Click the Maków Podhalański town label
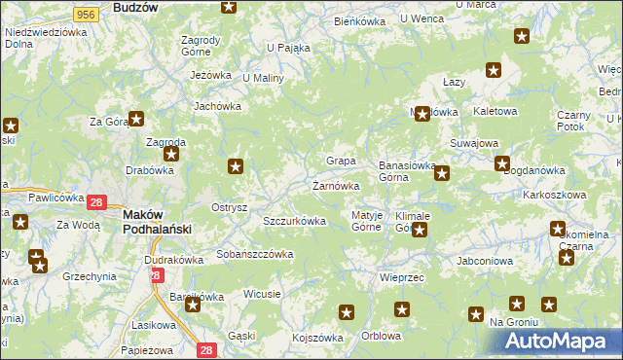click(156, 221)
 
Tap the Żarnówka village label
click(337, 185)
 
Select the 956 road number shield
click(85, 14)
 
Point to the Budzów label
click(135, 7)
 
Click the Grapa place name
click(340, 160)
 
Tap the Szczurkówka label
click(294, 221)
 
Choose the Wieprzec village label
click(397, 277)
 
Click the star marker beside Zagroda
click(172, 154)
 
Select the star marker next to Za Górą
click(136, 119)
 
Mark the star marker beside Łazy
click(494, 70)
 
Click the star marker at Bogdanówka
click(502, 163)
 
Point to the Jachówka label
click(217, 107)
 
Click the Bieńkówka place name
click(359, 20)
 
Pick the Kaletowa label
click(495, 112)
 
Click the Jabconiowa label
click(484, 261)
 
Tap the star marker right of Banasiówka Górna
click(442, 174)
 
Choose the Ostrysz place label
click(230, 207)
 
